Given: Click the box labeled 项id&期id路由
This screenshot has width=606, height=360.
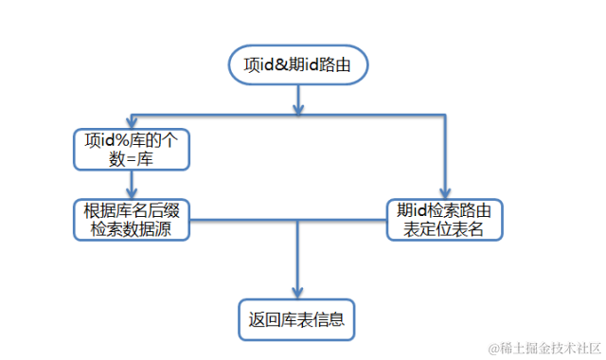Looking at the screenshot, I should [297, 66].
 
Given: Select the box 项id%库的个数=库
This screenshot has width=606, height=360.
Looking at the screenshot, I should [132, 149].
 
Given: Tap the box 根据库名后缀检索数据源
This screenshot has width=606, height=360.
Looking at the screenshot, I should [132, 219].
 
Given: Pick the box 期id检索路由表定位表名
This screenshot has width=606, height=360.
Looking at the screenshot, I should [443, 219].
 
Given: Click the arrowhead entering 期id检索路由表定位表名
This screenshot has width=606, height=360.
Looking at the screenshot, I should [443, 192].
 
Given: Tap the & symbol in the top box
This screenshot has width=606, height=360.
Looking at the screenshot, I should [286, 66].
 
